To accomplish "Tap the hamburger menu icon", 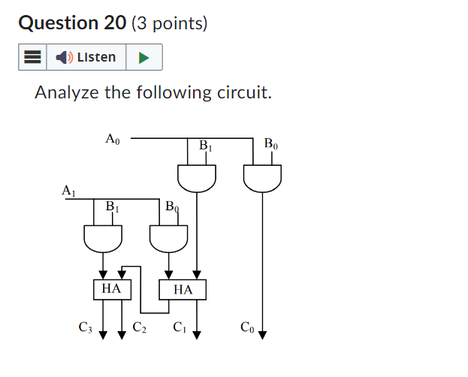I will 32,57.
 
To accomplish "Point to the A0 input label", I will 113,139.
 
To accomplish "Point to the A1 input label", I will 68,192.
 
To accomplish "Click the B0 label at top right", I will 271,144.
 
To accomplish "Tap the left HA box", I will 111,288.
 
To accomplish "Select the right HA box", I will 183,289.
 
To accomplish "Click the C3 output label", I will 85,327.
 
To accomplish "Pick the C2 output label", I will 140,327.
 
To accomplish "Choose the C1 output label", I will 179,327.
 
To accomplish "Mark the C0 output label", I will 247,327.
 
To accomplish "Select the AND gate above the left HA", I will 102,238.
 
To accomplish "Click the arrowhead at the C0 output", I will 262,335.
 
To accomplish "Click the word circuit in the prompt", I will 241,93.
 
